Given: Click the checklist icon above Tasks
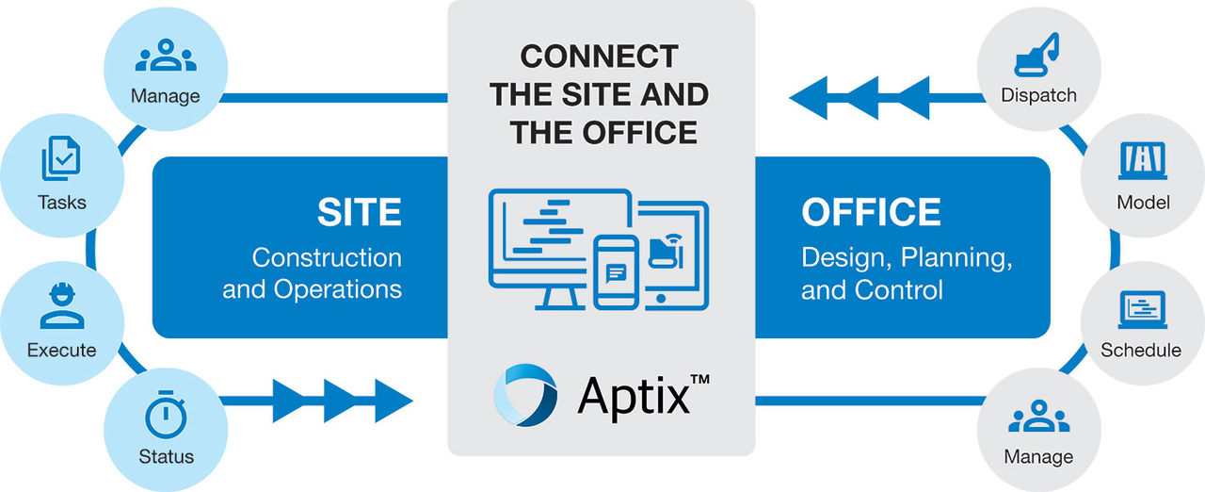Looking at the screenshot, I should pyautogui.click(x=61, y=160).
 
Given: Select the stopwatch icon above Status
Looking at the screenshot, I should pyautogui.click(x=166, y=416).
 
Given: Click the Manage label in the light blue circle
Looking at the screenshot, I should pyautogui.click(x=166, y=95).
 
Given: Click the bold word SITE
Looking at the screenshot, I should pyautogui.click(x=360, y=212).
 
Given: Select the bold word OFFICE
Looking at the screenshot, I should pyautogui.click(x=871, y=212).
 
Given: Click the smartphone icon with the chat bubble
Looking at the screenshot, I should pyautogui.click(x=617, y=272).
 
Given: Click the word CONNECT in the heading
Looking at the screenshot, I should pyautogui.click(x=600, y=57).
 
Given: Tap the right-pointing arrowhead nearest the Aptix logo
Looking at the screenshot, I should pyautogui.click(x=393, y=400).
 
